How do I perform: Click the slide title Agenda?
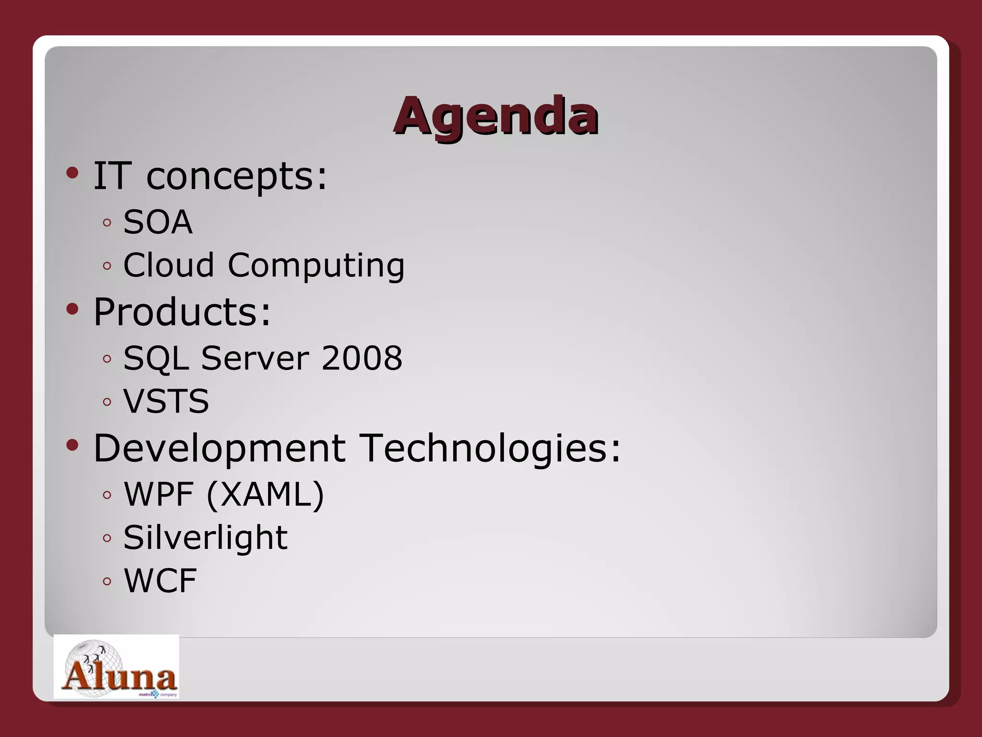tap(496, 116)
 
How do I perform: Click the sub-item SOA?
tap(158, 222)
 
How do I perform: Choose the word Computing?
tap(316, 266)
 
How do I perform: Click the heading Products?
tap(182, 312)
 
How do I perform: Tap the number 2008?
tap(362, 358)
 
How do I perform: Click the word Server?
tap(255, 358)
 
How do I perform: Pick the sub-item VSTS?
tap(166, 401)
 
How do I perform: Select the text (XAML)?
tap(265, 494)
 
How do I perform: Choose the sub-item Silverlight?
tap(205, 537)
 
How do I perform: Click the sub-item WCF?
tap(160, 581)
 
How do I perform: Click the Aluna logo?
tap(117, 667)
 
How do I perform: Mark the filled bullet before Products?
tap(72, 309)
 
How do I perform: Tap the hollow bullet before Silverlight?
tap(107, 538)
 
